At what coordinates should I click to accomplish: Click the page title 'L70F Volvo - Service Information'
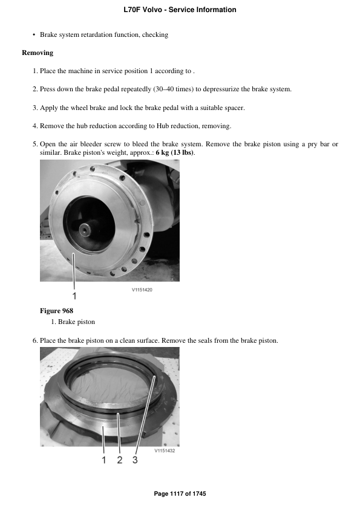[180, 10]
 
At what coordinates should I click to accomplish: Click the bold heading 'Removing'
[38, 53]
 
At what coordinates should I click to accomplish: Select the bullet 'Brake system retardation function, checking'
[104, 34]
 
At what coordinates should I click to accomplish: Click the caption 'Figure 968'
[56, 311]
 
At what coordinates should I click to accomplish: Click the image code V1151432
[165, 450]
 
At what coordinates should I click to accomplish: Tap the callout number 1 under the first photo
[74, 296]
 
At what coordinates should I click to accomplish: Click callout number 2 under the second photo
[119, 460]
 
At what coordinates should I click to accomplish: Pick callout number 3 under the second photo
[135, 460]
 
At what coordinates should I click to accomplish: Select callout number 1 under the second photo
[103, 460]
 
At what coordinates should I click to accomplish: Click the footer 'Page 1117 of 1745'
[180, 494]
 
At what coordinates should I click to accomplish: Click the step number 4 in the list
[35, 126]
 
